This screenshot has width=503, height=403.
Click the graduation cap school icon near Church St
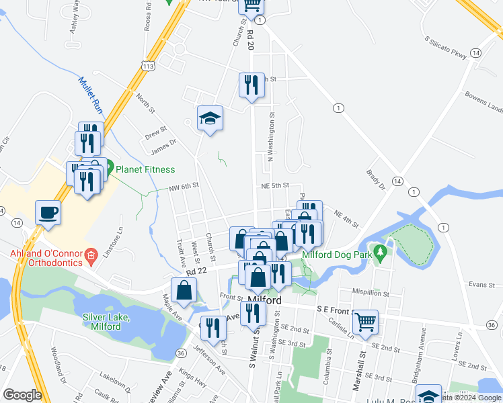coord(210,119)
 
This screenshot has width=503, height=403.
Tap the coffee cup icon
coord(48,212)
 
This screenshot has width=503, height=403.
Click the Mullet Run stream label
coord(89,95)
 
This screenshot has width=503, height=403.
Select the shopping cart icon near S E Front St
coord(365,322)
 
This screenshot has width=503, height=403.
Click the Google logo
coord(23,395)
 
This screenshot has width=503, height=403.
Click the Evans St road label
coord(481,285)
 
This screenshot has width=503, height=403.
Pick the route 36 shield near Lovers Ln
coord(492,325)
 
